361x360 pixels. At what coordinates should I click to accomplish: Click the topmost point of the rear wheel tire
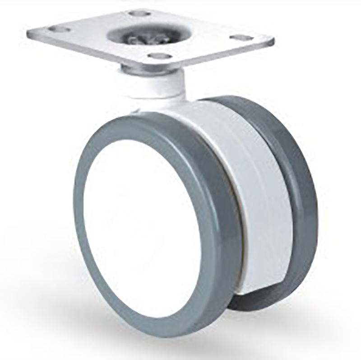click(235, 97)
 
